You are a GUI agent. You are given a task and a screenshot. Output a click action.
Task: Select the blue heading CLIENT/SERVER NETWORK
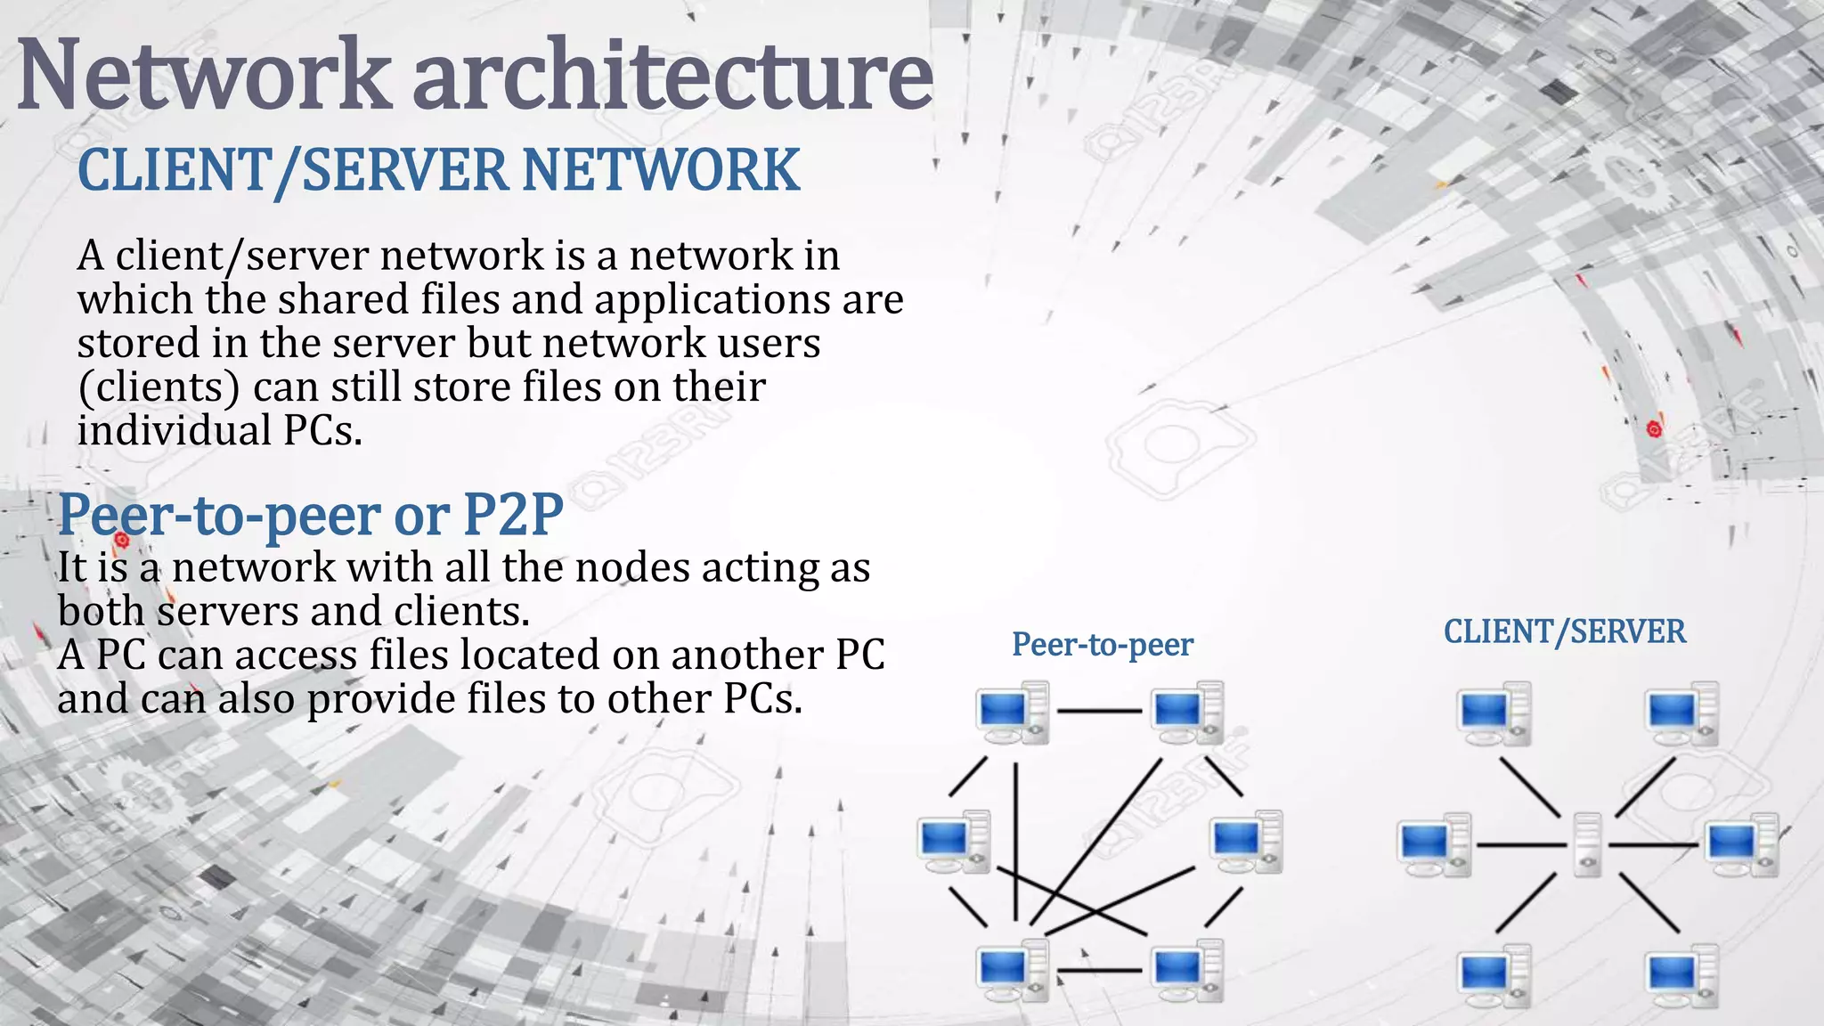pos(438,170)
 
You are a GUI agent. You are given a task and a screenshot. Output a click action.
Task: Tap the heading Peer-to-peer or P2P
pos(310,515)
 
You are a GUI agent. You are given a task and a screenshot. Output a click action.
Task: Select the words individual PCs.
pos(219,431)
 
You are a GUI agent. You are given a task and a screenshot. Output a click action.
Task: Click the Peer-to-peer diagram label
pos(1102,644)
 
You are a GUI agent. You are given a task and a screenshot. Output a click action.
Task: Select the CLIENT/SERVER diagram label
pos(1564,631)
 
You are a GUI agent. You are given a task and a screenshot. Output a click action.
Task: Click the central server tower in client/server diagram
pos(1587,844)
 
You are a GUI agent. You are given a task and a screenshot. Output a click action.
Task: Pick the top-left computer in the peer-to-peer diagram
pos(1013,712)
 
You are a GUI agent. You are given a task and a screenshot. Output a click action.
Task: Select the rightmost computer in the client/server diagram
pos(1741,844)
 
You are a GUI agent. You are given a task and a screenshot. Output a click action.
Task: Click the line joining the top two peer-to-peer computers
pos(1099,712)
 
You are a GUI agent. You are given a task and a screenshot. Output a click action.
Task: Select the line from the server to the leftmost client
pos(1521,844)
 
